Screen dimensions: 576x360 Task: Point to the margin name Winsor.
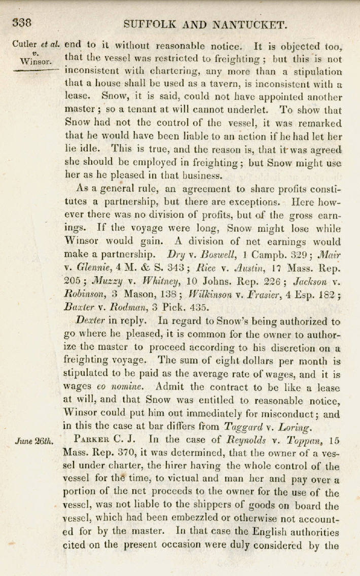(x=33, y=61)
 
